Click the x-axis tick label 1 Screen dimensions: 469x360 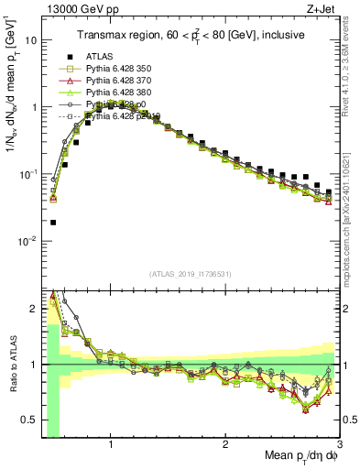pos(111,446)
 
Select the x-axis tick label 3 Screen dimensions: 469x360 pos(340,446)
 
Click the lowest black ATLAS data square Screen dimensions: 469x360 pos(53,222)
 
